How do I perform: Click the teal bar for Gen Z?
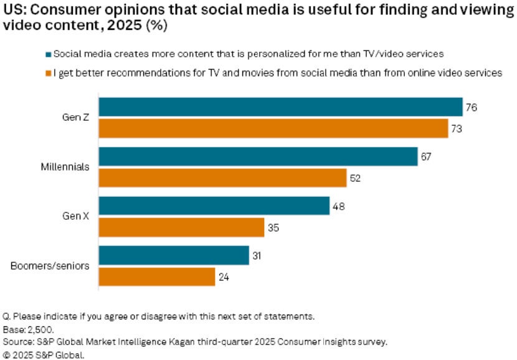click(280, 107)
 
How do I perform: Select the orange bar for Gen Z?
click(273, 128)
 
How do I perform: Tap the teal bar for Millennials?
click(258, 156)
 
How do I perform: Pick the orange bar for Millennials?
click(222, 178)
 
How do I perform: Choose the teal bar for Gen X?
click(214, 206)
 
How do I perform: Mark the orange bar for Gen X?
click(181, 227)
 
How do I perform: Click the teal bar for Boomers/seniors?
click(174, 255)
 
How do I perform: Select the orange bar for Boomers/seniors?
click(157, 277)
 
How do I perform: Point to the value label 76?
click(472, 107)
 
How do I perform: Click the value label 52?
click(356, 178)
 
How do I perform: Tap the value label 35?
click(274, 227)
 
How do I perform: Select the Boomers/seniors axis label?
click(50, 266)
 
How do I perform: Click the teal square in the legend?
click(48, 54)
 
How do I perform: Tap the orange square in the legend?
click(48, 72)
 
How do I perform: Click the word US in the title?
click(12, 10)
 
